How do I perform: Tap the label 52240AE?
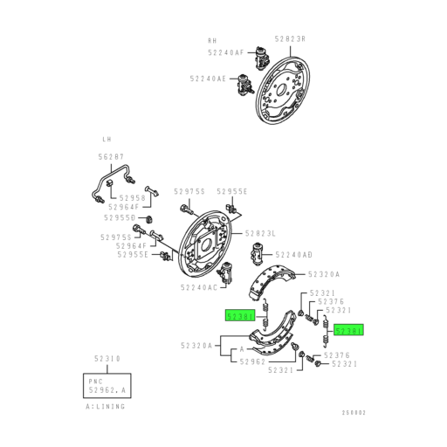[x=208, y=79]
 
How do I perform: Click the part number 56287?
[x=111, y=157]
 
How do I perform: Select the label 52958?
[x=120, y=198]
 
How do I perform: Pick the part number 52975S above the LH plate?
[x=189, y=191]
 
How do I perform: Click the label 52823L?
[x=260, y=233]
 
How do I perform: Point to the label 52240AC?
[x=200, y=286]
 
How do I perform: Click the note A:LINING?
[x=106, y=406]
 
